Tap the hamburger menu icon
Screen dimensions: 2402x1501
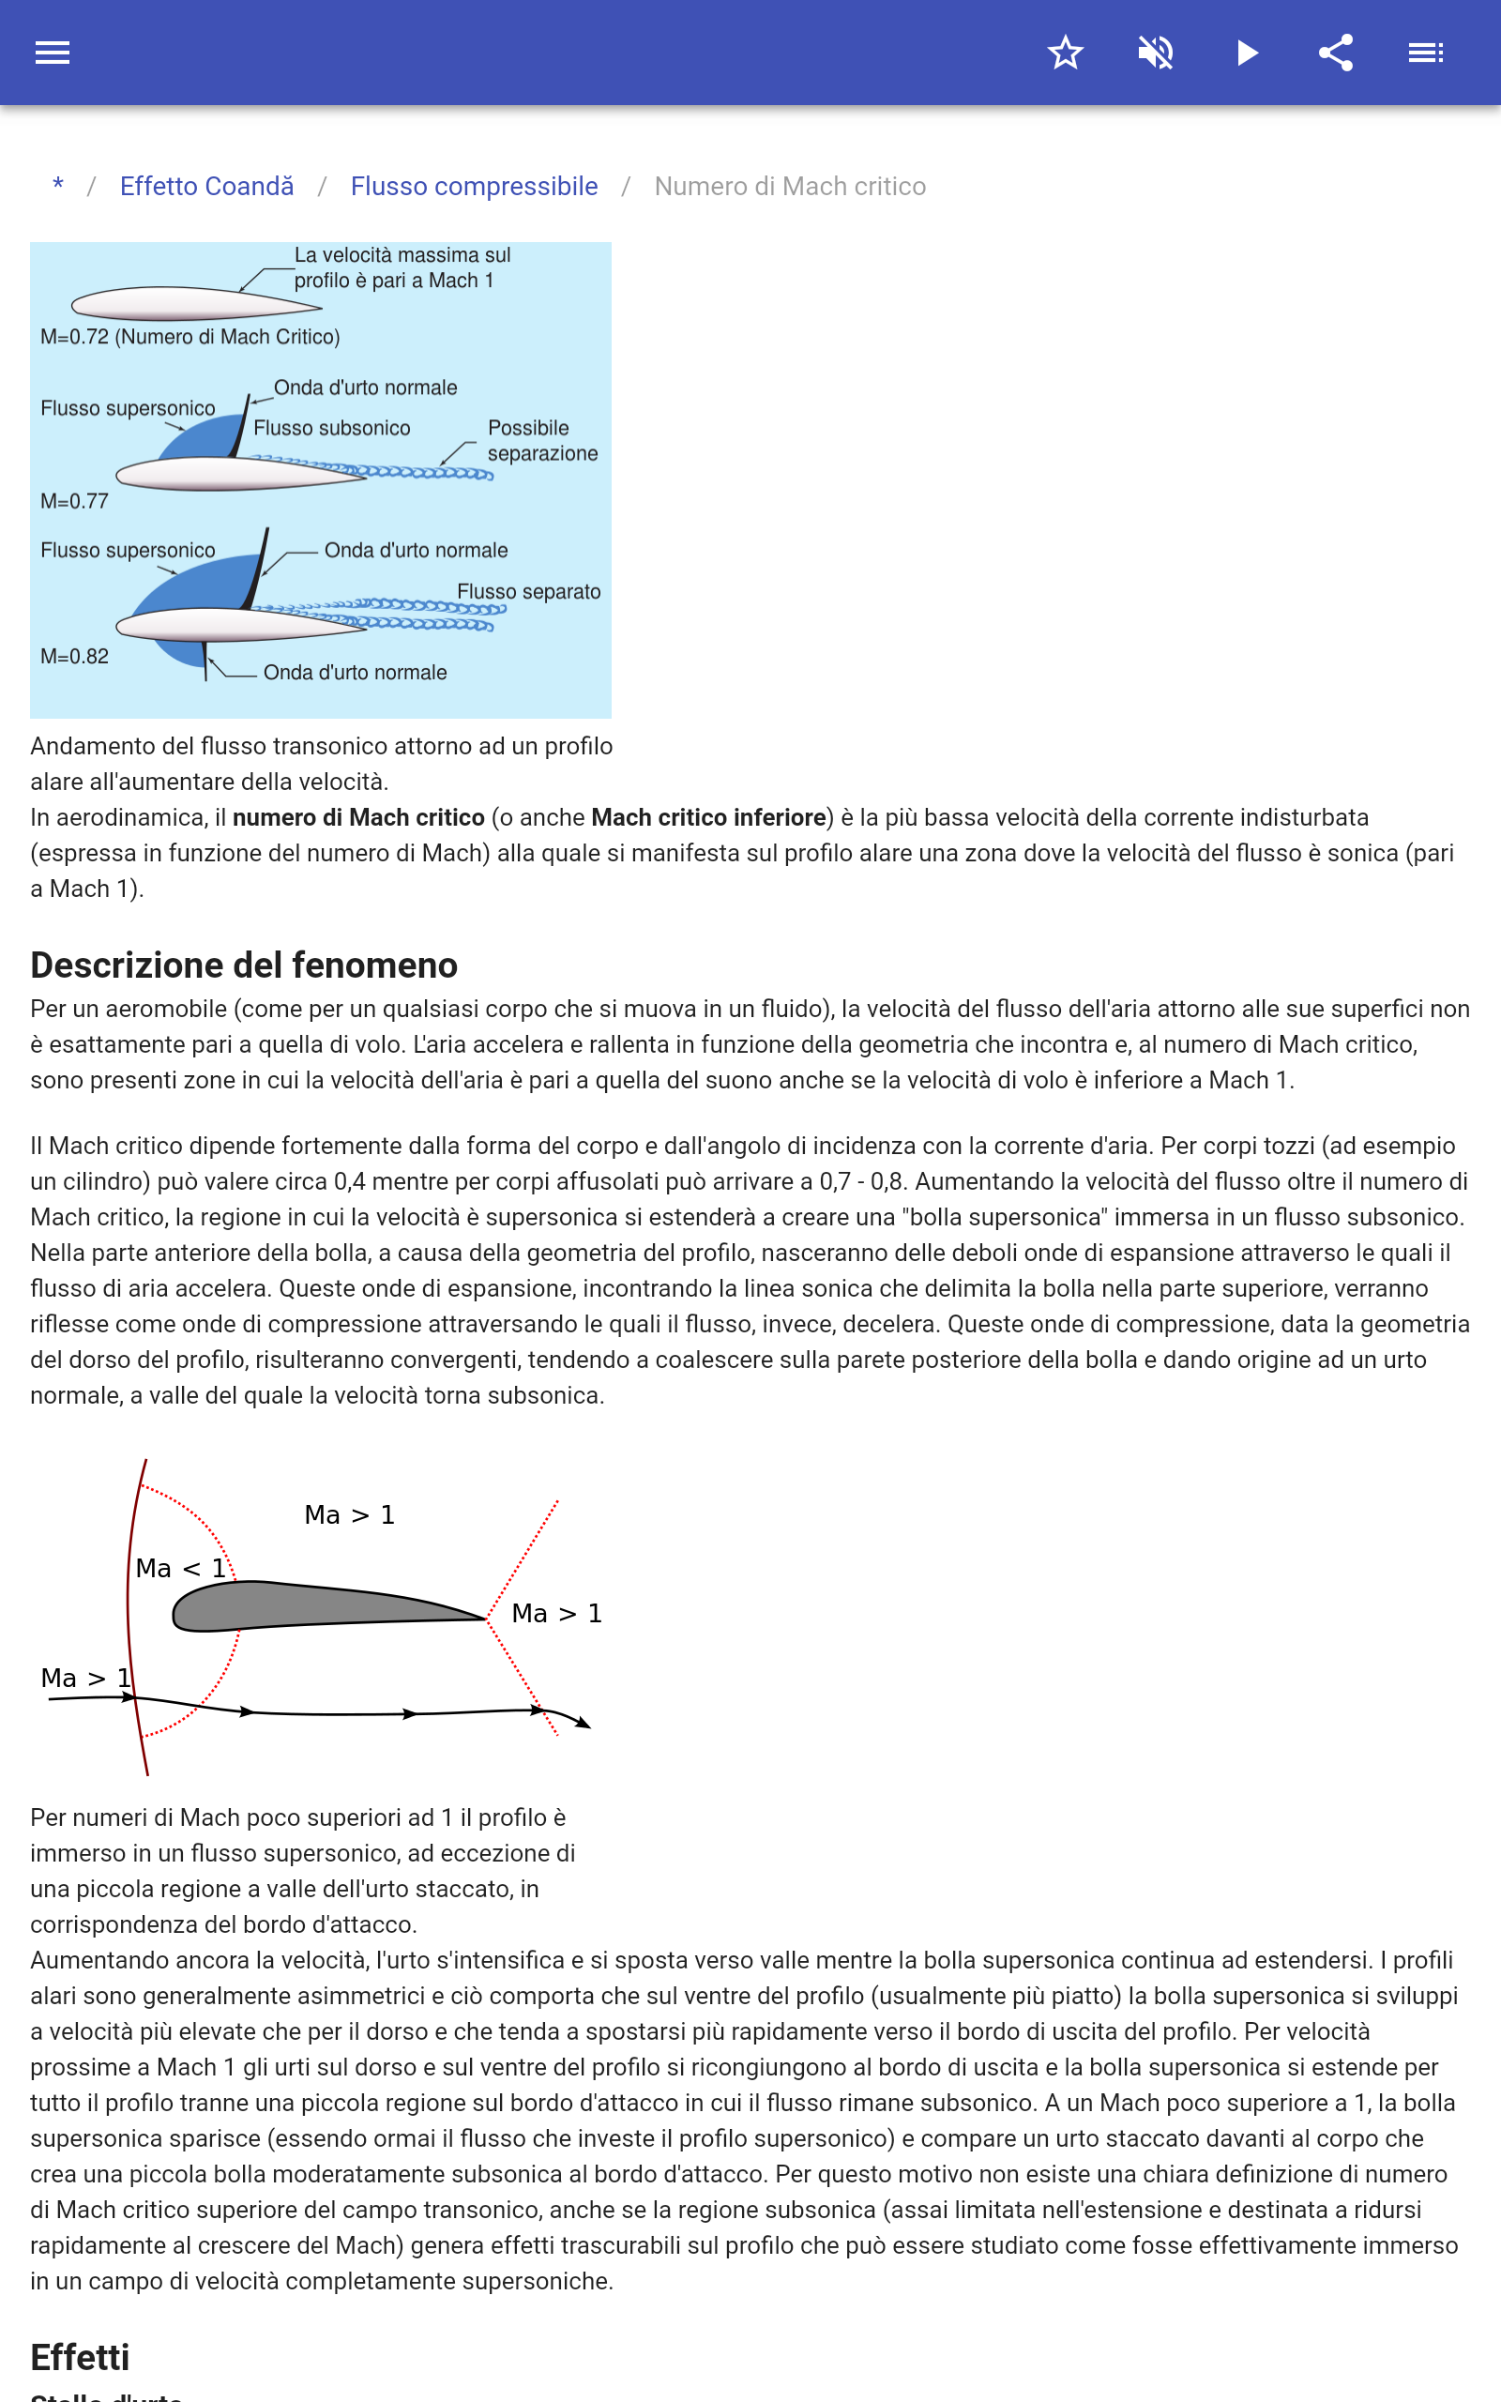pyautogui.click(x=53, y=53)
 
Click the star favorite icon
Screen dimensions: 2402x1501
pyautogui.click(x=1065, y=53)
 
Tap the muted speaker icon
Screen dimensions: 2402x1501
pyautogui.click(x=1156, y=53)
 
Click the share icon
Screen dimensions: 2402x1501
pyautogui.click(x=1336, y=53)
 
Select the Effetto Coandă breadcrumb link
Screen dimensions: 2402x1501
pyautogui.click(x=206, y=187)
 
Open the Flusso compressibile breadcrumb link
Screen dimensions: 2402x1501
pyautogui.click(x=474, y=187)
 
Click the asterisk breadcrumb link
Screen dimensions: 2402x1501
pyautogui.click(x=58, y=186)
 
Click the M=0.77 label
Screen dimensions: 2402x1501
pyautogui.click(x=74, y=501)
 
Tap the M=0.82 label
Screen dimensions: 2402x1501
pyautogui.click(x=74, y=656)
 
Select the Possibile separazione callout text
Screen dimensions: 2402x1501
pyautogui.click(x=541, y=441)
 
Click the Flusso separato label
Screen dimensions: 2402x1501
pyautogui.click(x=528, y=591)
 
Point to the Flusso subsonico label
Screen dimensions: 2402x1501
pyautogui.click(x=331, y=428)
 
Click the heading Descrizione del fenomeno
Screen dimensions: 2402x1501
pyautogui.click(x=244, y=965)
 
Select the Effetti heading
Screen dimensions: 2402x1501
pyautogui.click(x=81, y=2357)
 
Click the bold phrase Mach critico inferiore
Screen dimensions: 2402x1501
pyautogui.click(x=707, y=817)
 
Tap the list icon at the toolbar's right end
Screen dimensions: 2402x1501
pyautogui.click(x=1426, y=53)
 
